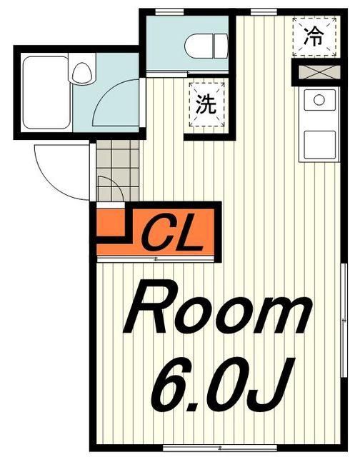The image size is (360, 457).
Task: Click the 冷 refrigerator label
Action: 314,36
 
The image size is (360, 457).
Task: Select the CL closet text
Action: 171,234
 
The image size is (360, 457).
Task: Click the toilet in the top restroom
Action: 206,46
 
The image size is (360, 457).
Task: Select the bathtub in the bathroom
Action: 46,92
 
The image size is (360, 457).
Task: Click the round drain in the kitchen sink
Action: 319,100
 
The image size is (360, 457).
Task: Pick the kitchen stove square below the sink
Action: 320,146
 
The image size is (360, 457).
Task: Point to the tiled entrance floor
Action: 117,170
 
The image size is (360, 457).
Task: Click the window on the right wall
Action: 344,321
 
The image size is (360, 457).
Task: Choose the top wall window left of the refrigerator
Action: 264,12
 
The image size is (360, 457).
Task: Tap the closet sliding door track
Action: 156,258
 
